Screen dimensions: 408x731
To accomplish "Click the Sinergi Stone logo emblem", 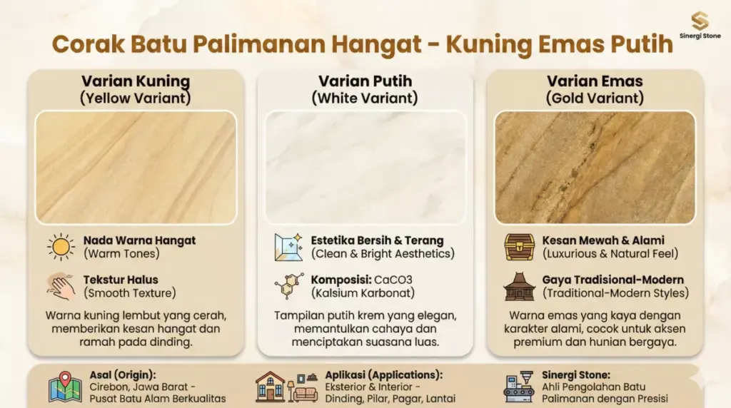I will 700,21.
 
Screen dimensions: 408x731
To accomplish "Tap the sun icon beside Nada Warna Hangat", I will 61,247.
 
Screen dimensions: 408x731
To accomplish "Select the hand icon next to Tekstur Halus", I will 61,285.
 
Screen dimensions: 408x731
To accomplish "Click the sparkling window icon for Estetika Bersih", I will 288,247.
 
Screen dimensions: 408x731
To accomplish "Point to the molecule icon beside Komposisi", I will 288,285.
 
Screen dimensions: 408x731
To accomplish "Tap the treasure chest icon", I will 519,247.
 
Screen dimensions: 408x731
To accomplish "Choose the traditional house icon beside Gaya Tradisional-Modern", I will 519,285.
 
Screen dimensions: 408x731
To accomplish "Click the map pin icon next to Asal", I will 64,387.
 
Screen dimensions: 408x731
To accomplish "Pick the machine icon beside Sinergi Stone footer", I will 519,387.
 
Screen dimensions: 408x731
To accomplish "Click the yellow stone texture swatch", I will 136,167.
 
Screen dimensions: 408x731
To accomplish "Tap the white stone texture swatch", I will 365,167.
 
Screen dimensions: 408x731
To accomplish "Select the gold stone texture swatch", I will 595,167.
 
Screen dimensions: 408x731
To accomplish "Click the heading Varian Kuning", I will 136,81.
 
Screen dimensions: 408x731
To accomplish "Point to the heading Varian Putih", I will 365,81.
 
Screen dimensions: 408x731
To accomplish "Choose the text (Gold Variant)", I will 595,98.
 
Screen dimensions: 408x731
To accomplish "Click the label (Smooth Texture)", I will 129,292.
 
